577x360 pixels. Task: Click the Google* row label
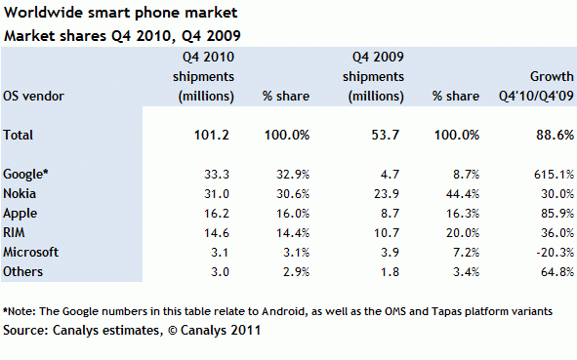[26, 174]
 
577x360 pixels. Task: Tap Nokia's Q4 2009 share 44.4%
[460, 192]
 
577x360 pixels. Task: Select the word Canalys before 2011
[206, 331]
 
